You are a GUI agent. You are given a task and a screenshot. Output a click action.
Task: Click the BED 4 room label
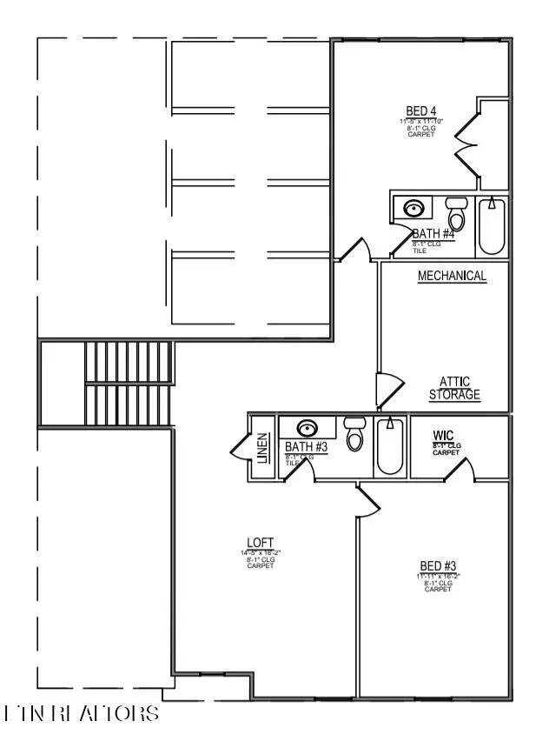[x=421, y=111]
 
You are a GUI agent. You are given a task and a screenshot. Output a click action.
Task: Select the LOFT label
[x=260, y=543]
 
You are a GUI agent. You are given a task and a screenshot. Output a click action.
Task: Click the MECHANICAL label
[x=452, y=276]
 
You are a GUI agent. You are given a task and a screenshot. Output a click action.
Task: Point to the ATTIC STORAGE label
[x=454, y=388]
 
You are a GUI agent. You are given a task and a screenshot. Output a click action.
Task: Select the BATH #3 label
[x=306, y=447]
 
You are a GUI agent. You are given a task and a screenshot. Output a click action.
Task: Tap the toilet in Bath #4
[x=456, y=214]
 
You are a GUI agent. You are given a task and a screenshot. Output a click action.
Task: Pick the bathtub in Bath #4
[x=492, y=225]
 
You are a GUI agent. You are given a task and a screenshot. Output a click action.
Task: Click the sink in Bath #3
[x=308, y=428]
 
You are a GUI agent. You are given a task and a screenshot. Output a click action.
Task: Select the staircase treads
[x=129, y=382]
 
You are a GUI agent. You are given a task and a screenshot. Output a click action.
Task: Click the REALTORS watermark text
[x=83, y=714]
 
